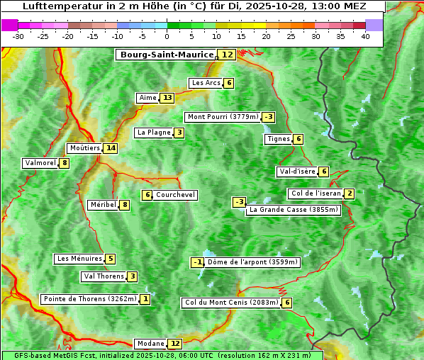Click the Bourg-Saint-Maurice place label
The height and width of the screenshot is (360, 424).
[x=167, y=55]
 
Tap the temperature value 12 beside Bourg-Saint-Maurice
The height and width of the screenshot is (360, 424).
[x=227, y=55]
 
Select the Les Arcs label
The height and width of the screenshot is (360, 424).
[x=206, y=83]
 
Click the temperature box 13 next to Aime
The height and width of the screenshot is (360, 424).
[x=167, y=98]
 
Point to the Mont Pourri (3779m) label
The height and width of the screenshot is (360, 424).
[x=223, y=117]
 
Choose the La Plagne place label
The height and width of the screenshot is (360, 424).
[x=154, y=133]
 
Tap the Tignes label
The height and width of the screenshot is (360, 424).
[x=278, y=139]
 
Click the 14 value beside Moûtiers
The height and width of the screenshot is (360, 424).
[x=110, y=148]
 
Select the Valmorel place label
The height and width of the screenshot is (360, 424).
[x=40, y=163]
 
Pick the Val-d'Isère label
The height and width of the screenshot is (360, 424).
[x=297, y=171]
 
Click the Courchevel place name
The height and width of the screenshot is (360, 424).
[x=175, y=195]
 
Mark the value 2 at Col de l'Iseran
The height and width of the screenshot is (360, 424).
[x=350, y=194]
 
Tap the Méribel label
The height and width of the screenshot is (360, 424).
[x=103, y=205]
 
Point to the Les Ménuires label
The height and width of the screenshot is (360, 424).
[x=79, y=259]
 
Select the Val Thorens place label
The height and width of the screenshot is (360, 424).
[x=104, y=276]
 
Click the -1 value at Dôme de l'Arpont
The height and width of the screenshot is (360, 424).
[x=197, y=262]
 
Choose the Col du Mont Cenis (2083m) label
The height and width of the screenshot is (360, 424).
[x=230, y=303]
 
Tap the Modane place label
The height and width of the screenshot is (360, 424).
[x=150, y=344]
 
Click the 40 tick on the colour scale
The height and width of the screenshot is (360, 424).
[x=365, y=36]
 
